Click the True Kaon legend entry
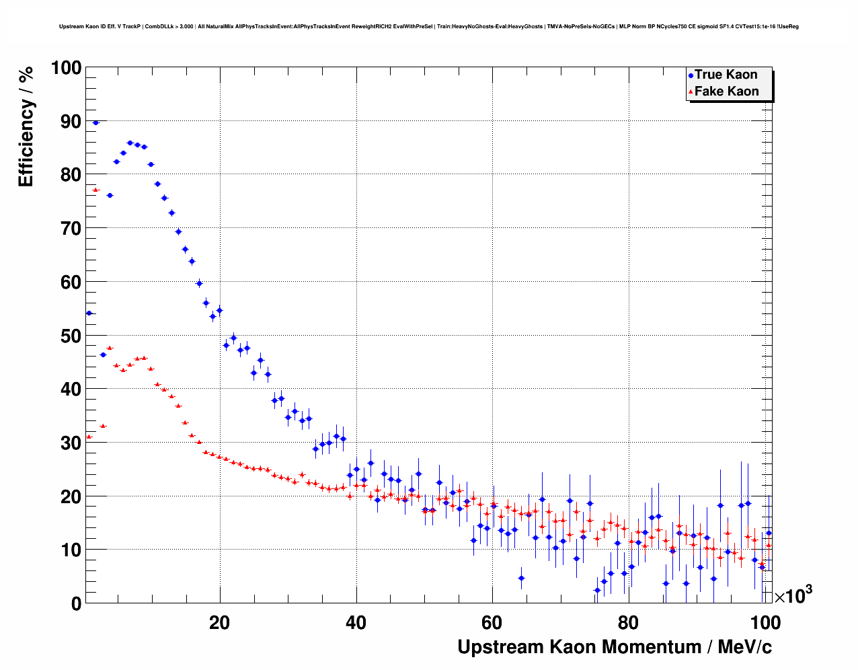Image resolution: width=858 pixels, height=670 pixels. pos(726,75)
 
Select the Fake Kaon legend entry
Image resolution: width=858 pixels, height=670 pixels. pos(726,91)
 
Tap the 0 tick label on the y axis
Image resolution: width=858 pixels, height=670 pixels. pos(76,603)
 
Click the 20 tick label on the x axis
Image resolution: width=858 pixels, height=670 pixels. pos(219,622)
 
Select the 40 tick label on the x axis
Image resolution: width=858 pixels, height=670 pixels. pos(356,622)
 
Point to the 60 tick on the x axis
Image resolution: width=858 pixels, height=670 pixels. pos(493,622)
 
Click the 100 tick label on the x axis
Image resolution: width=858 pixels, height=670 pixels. pos(765,622)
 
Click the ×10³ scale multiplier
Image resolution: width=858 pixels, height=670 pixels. pos(793,595)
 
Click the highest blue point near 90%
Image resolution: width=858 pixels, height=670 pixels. pos(95,122)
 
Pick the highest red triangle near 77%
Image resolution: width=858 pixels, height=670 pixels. pos(95,190)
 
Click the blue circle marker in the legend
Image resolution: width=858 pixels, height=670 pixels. pos(691,75)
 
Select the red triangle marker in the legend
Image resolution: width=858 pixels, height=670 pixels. pos(691,92)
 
